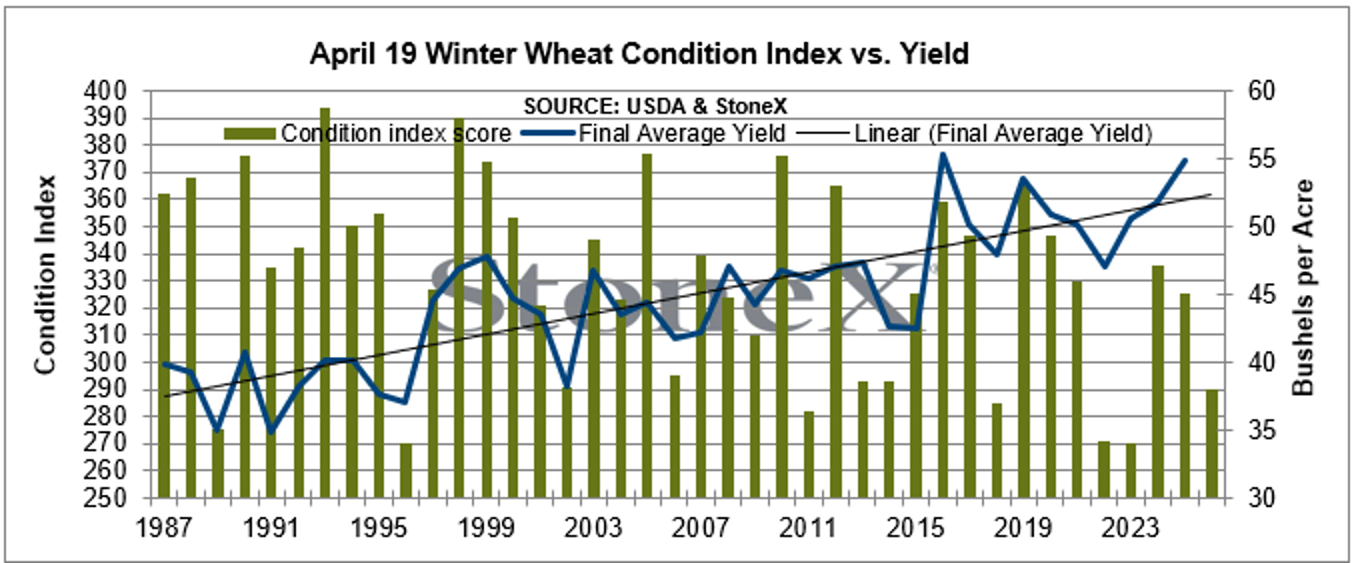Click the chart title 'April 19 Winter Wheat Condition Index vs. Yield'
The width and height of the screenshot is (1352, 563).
point(639,54)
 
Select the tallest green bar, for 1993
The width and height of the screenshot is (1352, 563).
point(325,303)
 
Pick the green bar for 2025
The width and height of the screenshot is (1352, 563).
point(1212,443)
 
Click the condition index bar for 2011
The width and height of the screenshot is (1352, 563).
point(808,454)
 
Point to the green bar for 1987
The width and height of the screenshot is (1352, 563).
point(164,345)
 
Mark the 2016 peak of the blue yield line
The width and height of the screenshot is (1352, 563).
point(943,156)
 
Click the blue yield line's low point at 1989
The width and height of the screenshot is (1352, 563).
point(218,429)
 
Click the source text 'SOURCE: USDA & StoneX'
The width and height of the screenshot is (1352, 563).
point(655,106)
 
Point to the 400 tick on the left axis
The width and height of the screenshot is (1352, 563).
point(106,91)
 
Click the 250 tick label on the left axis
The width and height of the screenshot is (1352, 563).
point(106,498)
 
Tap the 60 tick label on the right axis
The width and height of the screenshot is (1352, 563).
point(1261,91)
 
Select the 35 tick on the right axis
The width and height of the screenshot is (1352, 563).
point(1261,430)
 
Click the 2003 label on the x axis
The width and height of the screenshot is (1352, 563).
point(593,527)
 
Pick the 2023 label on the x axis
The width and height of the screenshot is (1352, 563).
point(1129,527)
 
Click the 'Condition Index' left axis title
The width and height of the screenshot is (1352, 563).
point(45,274)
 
